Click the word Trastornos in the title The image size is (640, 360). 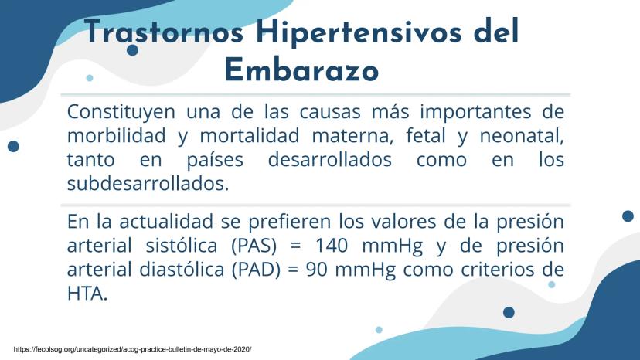click(164, 32)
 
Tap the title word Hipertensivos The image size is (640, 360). click(359, 32)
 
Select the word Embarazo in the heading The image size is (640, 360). click(301, 70)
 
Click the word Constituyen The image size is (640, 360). click(121, 112)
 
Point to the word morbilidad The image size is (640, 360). click(116, 135)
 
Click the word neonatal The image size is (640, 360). click(522, 135)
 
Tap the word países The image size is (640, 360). click(215, 160)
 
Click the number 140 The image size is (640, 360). click(332, 246)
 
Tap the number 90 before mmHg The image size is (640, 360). click(317, 270)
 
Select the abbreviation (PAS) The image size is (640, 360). click(254, 246)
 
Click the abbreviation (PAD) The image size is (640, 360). click(257, 270)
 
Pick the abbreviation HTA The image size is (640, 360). click(87, 294)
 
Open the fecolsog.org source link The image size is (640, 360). click(133, 349)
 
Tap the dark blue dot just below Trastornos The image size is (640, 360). click(132, 50)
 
